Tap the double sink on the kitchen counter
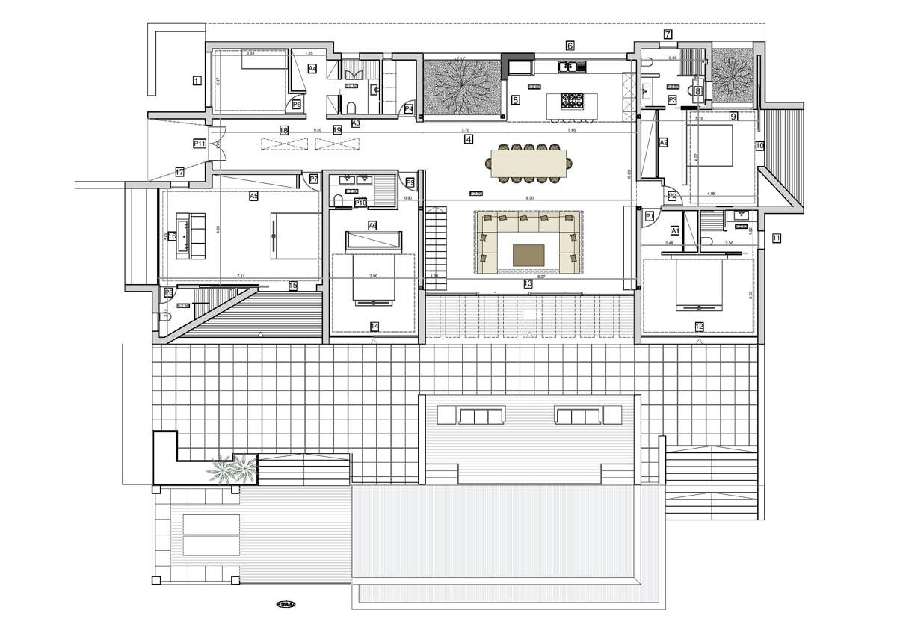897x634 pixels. coord(573,67)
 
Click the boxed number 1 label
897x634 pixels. coord(197,80)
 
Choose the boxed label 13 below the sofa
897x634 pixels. coord(528,284)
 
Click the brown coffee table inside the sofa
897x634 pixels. coord(528,256)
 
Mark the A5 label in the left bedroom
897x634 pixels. coord(253,196)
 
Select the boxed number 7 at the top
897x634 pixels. coord(668,34)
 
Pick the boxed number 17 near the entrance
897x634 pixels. coord(179,172)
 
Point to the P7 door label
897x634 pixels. coord(313,179)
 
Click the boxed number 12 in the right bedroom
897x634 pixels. coord(700,326)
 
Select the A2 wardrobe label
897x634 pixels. coord(662,142)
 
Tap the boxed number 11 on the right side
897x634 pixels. coord(776,238)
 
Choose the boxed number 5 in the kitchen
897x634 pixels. coord(515,99)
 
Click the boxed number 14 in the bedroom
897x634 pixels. coord(374,326)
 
